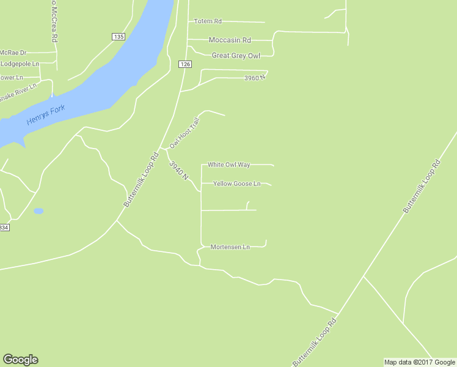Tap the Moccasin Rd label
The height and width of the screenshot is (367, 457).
tap(230, 40)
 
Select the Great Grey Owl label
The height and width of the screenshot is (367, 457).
tap(236, 56)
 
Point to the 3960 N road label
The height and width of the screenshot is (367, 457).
tap(255, 78)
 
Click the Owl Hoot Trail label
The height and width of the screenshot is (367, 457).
tap(185, 133)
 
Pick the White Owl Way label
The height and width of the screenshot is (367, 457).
tap(228, 165)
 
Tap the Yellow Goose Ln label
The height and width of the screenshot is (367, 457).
tap(236, 183)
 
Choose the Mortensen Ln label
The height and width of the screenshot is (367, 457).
tap(230, 247)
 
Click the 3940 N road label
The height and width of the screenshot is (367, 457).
tap(178, 170)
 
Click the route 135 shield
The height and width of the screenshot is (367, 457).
tap(119, 37)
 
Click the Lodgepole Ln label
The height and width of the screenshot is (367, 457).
tap(20, 64)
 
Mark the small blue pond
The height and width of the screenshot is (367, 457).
tap(38, 211)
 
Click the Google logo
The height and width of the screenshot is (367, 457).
tap(20, 360)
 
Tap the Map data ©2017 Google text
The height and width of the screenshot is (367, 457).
tap(420, 362)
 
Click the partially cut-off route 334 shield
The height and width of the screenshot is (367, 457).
tap(4, 228)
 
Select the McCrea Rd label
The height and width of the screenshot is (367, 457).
tap(54, 21)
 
